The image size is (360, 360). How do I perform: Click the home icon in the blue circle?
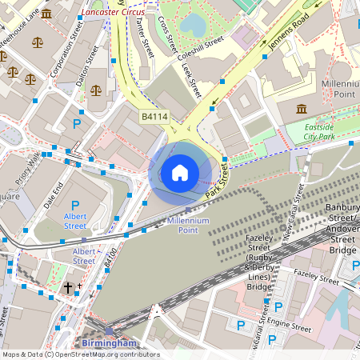click(x=180, y=172)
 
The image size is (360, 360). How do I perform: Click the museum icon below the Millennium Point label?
click(x=302, y=109)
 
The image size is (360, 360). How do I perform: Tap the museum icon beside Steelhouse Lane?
click(x=46, y=14)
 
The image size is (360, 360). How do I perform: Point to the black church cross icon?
click(x=69, y=286)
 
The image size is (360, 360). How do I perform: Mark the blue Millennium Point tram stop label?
click(x=188, y=225)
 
